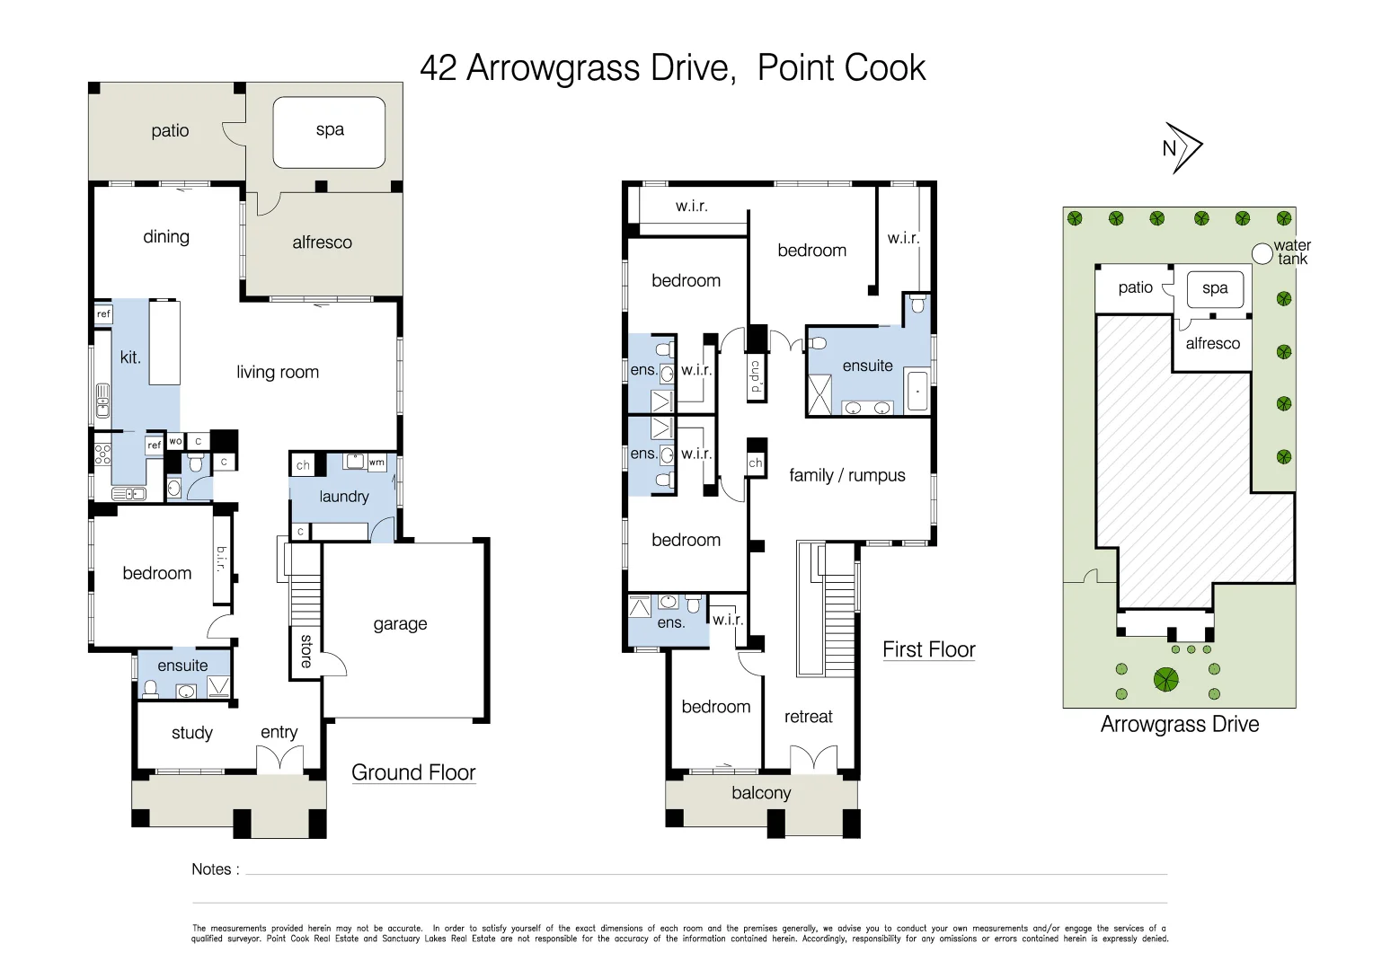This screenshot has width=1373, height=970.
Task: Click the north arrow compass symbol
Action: click(1182, 148)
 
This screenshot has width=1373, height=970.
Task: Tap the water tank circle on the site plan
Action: click(1262, 254)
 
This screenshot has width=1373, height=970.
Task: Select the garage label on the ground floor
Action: click(400, 624)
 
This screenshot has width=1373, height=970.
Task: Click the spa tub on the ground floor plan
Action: click(329, 132)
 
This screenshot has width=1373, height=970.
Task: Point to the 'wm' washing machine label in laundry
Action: click(376, 463)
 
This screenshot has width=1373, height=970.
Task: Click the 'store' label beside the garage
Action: click(306, 651)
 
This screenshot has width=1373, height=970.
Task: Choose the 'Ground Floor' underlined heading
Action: click(413, 772)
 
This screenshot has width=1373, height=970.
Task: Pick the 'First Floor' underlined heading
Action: click(928, 649)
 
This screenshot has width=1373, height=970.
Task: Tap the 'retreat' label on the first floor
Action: click(808, 717)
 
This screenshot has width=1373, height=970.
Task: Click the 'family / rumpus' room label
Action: click(846, 475)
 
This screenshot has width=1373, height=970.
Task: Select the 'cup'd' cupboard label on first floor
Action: click(756, 376)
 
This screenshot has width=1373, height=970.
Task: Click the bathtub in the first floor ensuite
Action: click(917, 392)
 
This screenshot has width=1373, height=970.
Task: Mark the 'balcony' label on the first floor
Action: click(761, 793)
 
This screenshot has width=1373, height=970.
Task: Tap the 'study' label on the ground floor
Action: click(192, 733)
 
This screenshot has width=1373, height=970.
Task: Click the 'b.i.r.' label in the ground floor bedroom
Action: click(221, 559)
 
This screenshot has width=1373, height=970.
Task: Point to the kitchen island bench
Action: click(164, 343)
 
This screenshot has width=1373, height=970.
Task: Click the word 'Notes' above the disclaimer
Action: click(211, 869)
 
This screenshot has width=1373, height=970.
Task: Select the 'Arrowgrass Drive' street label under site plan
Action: click(1179, 724)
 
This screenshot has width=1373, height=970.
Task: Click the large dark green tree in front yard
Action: click(1165, 680)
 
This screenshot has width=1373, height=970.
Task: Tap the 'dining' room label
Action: click(166, 237)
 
